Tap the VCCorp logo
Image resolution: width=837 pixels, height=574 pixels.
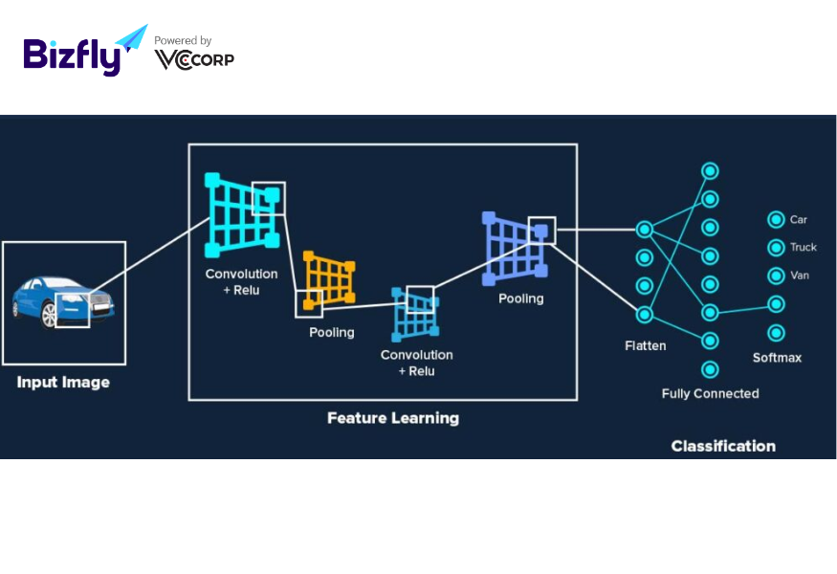[x=194, y=60]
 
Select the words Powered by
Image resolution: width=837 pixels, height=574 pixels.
[x=183, y=40]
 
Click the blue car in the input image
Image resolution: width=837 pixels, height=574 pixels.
[x=63, y=301]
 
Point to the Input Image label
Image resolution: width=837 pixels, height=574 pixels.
[x=63, y=383]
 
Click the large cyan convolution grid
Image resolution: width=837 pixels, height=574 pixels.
[x=242, y=214]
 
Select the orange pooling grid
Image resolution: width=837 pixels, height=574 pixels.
[x=329, y=279]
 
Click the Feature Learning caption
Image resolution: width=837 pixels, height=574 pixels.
[x=393, y=418]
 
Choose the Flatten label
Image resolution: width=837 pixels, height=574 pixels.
[x=646, y=346]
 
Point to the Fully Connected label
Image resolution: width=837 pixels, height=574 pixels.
[x=710, y=393]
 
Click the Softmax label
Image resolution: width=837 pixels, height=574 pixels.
[x=777, y=358]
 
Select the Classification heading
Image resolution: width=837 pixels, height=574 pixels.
[x=723, y=446]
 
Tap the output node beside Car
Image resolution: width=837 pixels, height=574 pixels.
[x=776, y=219]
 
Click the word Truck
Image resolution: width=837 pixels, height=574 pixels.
[x=804, y=247]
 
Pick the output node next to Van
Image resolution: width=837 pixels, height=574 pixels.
[x=776, y=276]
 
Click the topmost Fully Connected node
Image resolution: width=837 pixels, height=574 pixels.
[x=710, y=171]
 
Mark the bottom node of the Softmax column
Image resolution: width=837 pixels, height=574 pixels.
[x=776, y=333]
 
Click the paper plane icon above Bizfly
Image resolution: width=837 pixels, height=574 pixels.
[x=132, y=38]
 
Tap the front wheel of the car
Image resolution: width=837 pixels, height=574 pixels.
[x=49, y=315]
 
